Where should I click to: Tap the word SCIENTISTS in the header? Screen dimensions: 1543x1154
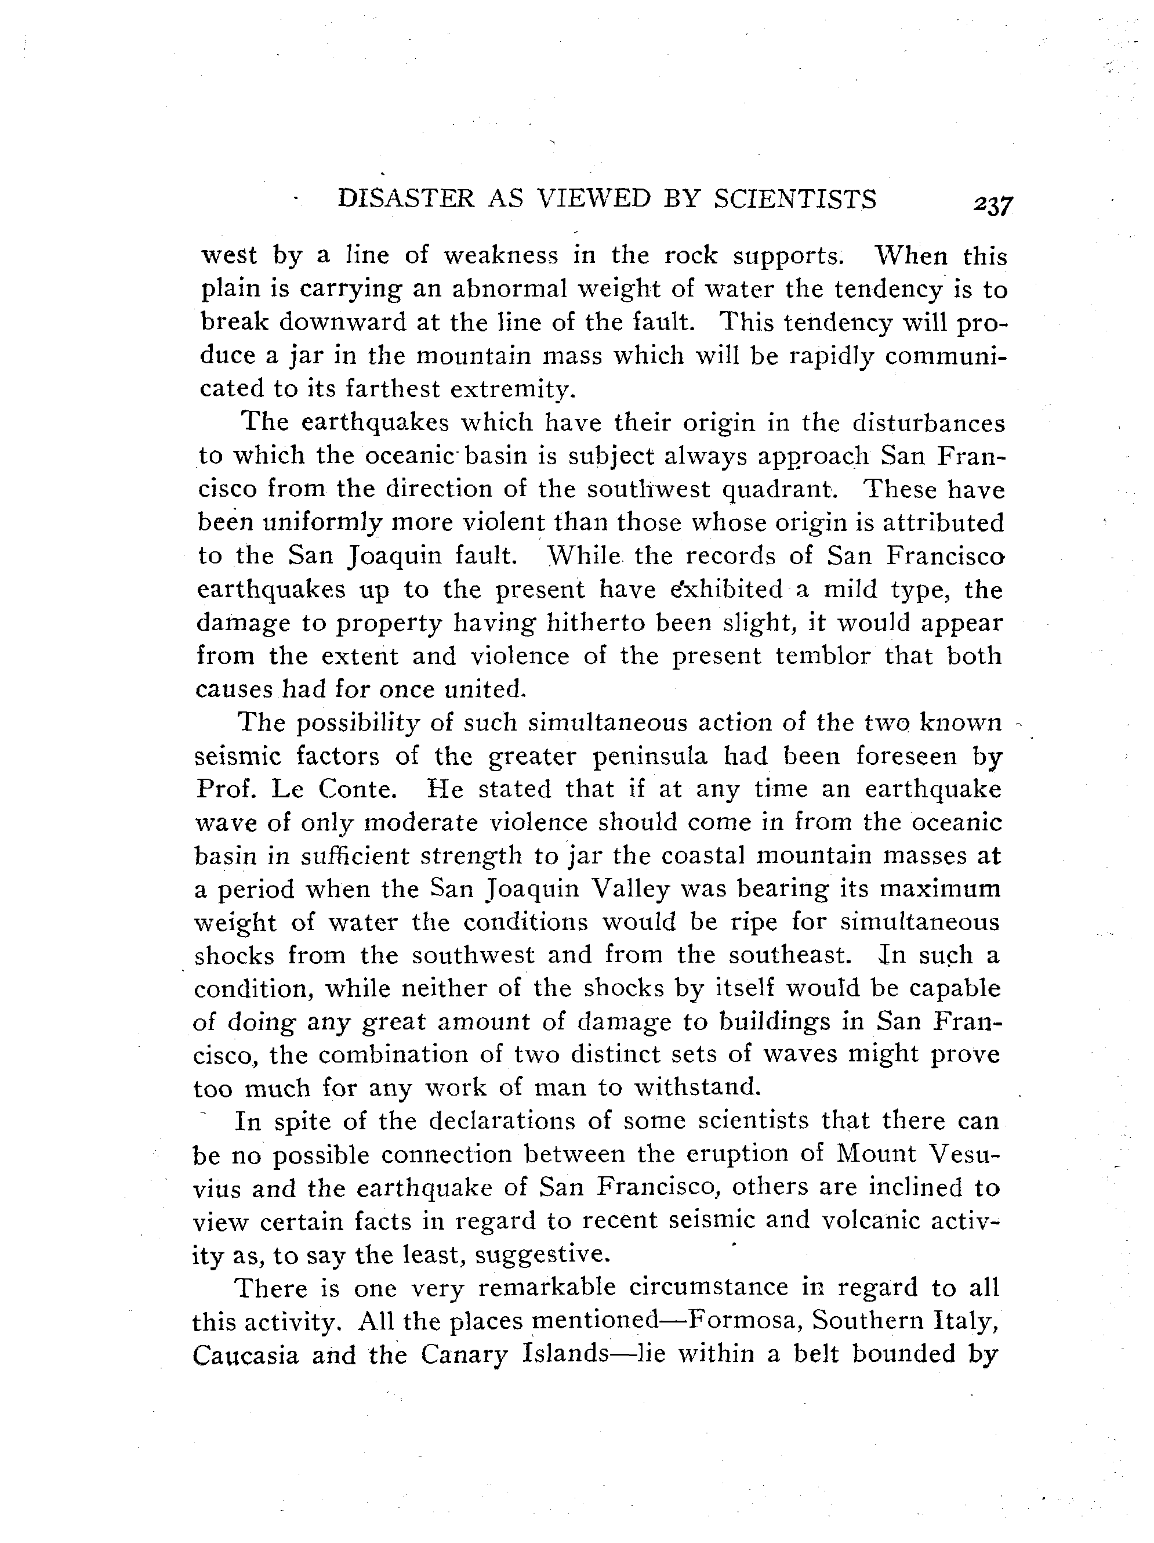795,200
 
